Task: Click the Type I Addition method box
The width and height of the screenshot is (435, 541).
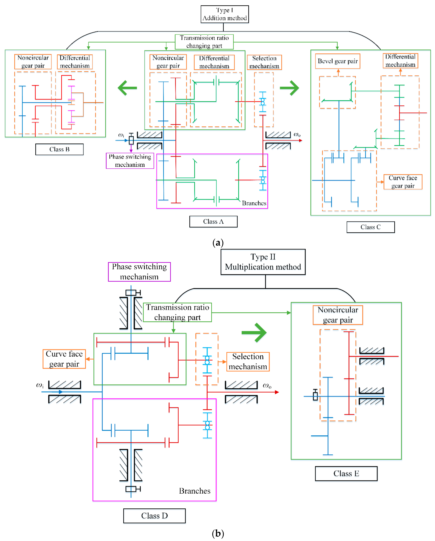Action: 224,14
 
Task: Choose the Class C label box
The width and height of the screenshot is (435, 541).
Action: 370,227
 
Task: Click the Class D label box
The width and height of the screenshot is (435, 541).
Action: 154,516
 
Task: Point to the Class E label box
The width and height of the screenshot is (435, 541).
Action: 346,473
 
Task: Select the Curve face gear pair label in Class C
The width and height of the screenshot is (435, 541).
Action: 403,182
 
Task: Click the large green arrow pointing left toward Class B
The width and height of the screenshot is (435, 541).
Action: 127,88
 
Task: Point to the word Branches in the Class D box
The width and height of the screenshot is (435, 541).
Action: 195,491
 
